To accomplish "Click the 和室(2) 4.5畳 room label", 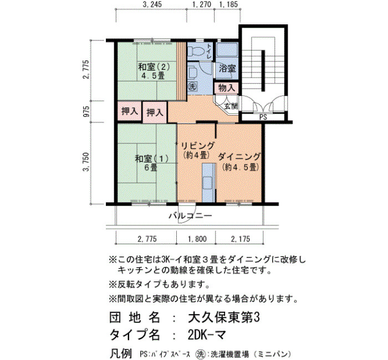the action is (x=154, y=71).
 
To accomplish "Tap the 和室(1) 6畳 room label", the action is (x=151, y=163).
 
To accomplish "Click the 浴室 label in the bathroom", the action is (x=227, y=68).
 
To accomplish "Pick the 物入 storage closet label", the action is (x=226, y=88).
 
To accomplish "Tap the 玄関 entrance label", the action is (x=231, y=106).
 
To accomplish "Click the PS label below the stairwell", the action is (x=263, y=117).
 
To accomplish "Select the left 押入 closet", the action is (x=130, y=111).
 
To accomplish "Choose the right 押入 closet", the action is (x=155, y=112).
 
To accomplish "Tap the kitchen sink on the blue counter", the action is (x=207, y=183).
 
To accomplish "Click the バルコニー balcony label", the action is (x=190, y=216).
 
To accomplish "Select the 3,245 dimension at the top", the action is (x=152, y=4).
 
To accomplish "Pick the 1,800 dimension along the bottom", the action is (x=197, y=239).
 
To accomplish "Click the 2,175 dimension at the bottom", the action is (x=240, y=239).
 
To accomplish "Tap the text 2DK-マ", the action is (x=207, y=335).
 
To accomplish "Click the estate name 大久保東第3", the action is (x=224, y=317).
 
